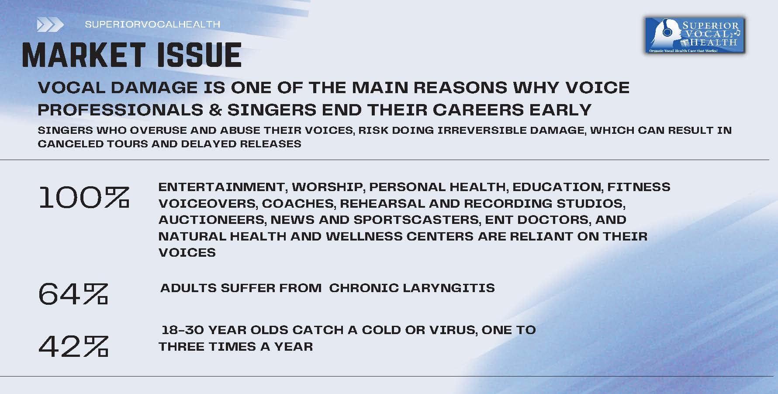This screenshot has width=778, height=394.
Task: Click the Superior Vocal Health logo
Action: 695,35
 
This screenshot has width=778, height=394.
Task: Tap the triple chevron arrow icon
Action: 50,25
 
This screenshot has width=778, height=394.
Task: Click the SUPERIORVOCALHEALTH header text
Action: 152,24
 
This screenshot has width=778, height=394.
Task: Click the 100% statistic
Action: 83,198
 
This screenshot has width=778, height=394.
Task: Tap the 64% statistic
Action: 73,293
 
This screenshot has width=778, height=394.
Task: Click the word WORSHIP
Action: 327,187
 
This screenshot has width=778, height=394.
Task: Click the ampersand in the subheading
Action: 215,110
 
